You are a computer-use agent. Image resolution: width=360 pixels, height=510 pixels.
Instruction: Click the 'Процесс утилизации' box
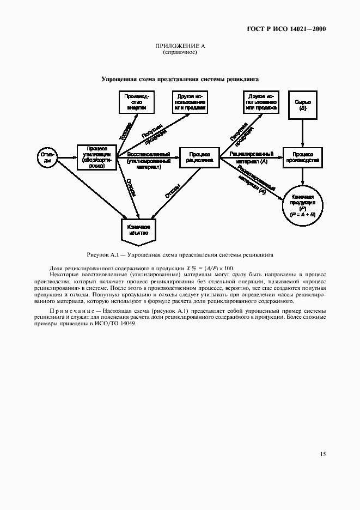[97, 157]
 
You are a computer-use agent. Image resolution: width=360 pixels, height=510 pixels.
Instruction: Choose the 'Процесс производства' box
[302, 157]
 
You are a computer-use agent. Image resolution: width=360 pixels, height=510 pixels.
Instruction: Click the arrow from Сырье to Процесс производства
[303, 131]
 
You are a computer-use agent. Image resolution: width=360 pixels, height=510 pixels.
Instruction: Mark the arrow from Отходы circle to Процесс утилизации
[67, 157]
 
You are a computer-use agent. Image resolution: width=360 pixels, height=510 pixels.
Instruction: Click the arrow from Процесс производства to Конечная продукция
[302, 178]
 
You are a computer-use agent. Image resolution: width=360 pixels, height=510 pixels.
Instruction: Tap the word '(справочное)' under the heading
[180, 53]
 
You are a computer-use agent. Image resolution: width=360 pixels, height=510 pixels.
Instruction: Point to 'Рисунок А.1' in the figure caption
[102, 254]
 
